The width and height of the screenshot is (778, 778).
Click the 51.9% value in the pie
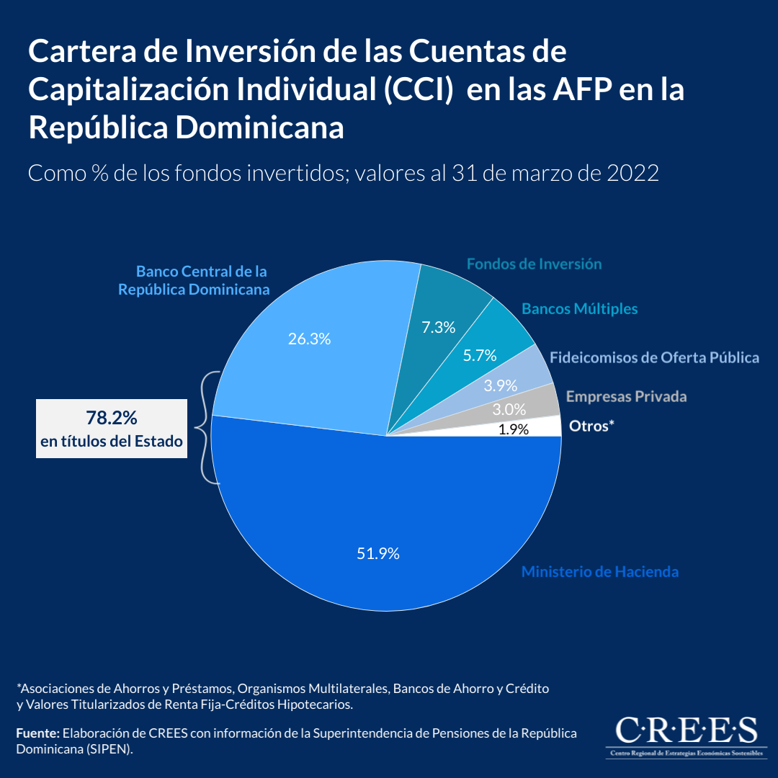tap(378, 554)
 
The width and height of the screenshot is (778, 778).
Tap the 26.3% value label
tap(309, 339)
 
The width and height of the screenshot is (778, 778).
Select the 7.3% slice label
tap(439, 327)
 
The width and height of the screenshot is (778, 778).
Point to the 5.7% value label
tap(480, 354)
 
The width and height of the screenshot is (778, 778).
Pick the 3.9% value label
tap(501, 385)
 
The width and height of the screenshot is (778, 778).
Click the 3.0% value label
tap(509, 409)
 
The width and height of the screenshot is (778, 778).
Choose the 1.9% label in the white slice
tap(514, 429)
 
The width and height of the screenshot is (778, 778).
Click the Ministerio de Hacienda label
tap(600, 572)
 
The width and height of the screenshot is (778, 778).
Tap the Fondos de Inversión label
tap(534, 264)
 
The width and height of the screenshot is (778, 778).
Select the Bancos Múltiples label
tap(580, 308)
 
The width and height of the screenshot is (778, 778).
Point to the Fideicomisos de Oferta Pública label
tap(654, 357)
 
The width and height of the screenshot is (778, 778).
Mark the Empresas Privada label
tap(626, 396)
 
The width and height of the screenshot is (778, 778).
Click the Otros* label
tap(591, 426)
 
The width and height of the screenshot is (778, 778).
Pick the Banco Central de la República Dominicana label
tap(194, 281)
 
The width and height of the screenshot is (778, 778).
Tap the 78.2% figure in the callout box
tap(112, 417)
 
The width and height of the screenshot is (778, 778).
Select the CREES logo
tap(685, 735)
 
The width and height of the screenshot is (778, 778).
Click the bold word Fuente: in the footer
tap(37, 733)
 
